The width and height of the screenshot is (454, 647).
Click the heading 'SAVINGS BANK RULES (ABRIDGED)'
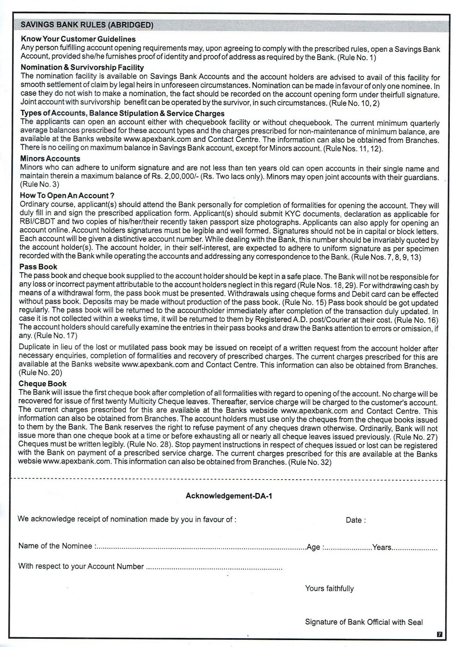tap(87, 25)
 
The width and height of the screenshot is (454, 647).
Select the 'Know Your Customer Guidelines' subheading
tap(78, 39)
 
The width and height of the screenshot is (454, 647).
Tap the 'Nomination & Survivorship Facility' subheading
tap(82, 67)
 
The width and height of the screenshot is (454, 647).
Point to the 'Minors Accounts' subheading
tap(50, 159)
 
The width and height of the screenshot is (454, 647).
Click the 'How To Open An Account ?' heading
tap(67, 195)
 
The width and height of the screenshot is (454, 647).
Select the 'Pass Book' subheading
tap(38, 267)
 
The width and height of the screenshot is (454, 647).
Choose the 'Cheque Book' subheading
tap(43, 384)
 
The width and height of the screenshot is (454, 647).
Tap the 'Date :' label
tap(356, 520)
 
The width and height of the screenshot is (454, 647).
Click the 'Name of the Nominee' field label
tap(55, 546)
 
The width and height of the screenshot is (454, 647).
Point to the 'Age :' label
tap(315, 547)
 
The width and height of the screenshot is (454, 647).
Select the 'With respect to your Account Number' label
tap(81, 566)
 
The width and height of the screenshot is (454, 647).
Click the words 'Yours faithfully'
tap(329, 588)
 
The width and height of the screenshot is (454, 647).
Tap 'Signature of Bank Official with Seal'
tap(364, 622)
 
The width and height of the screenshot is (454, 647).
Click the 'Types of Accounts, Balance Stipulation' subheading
tap(122, 113)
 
